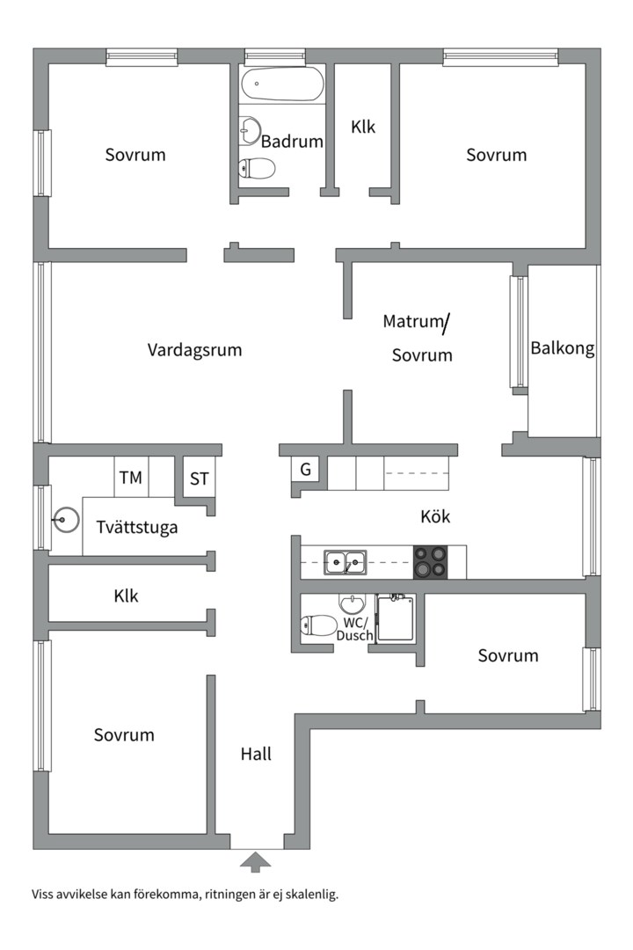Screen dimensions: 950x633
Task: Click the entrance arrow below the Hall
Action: (x=256, y=861)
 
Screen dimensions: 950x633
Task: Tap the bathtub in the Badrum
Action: (x=282, y=85)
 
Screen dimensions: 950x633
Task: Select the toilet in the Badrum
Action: (x=257, y=168)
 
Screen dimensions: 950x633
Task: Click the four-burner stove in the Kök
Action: (x=430, y=562)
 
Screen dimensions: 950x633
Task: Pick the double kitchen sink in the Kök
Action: (x=346, y=560)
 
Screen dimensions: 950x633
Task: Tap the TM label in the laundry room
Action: (x=131, y=479)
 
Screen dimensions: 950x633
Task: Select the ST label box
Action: (x=200, y=479)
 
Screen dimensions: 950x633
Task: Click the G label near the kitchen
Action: (x=305, y=470)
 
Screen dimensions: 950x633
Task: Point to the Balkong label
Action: (x=563, y=348)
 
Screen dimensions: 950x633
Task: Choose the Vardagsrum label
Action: (x=194, y=350)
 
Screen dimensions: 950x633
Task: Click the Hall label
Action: (x=256, y=754)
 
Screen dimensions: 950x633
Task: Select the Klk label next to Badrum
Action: (x=363, y=127)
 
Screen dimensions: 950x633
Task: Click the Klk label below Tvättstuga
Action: (x=126, y=596)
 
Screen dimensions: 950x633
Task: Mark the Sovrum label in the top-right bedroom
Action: (x=497, y=155)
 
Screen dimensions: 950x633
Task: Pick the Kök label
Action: (x=435, y=516)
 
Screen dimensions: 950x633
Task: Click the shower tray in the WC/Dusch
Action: (x=396, y=618)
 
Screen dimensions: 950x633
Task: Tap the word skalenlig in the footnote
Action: (x=309, y=895)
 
